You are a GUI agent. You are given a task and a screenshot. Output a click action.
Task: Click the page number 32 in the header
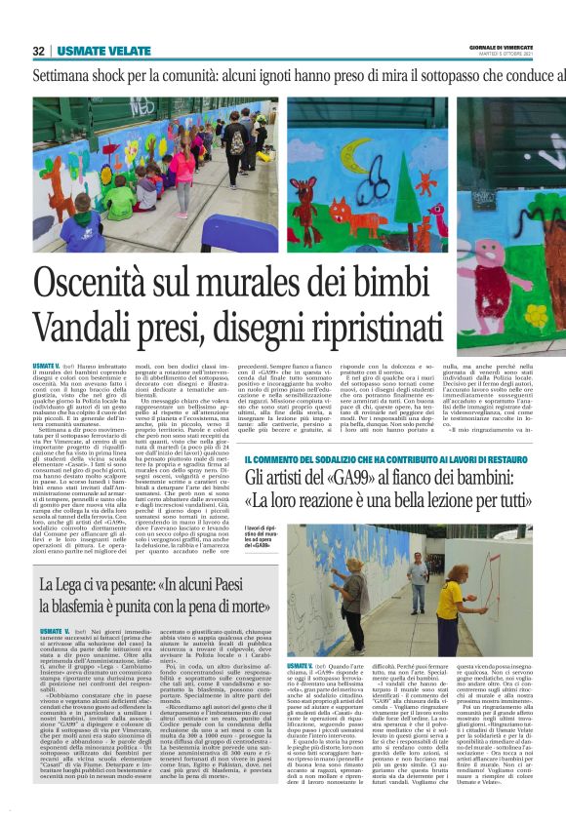pos(39,51)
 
